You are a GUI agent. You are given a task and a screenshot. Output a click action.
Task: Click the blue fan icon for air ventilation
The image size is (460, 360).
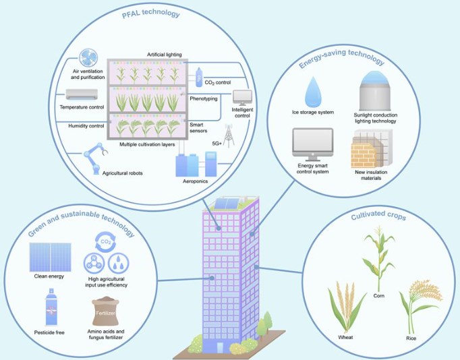tap(88, 58)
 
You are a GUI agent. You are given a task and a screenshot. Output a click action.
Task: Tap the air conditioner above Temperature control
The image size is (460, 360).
tap(82, 94)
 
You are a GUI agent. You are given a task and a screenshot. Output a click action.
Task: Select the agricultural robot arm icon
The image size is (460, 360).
tap(95, 158)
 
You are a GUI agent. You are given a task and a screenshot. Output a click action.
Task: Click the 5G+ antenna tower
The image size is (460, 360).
tap(228, 136)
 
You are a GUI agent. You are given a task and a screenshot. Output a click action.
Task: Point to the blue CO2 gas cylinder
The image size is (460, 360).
tap(199, 78)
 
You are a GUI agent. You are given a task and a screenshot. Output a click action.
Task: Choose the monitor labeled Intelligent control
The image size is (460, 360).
tap(242, 98)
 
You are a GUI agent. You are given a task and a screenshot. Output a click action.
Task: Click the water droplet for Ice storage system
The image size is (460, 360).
tap(313, 92)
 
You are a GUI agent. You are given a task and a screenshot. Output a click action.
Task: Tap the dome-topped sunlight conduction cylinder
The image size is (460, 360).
tap(374, 90)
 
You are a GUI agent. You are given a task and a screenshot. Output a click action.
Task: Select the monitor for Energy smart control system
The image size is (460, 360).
tap(313, 144)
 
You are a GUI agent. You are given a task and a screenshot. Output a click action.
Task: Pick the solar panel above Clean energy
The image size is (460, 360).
tap(50, 257)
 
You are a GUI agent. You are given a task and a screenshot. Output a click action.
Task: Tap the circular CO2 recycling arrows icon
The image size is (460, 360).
tap(106, 242)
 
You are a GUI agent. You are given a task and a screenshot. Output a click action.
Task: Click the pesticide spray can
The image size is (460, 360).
tap(51, 307)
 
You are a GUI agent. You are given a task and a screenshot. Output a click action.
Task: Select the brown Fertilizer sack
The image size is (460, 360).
tap(105, 311)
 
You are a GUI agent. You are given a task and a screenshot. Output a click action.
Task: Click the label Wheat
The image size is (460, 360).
tap(345, 338)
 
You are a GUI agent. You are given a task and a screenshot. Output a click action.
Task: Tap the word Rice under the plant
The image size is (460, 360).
tap(411, 338)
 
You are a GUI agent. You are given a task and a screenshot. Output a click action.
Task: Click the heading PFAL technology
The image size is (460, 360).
tap(151, 13)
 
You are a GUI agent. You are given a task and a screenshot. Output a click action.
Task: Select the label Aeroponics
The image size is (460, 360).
tap(195, 181)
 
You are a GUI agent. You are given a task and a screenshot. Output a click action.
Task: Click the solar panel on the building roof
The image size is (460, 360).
tap(227, 204)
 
